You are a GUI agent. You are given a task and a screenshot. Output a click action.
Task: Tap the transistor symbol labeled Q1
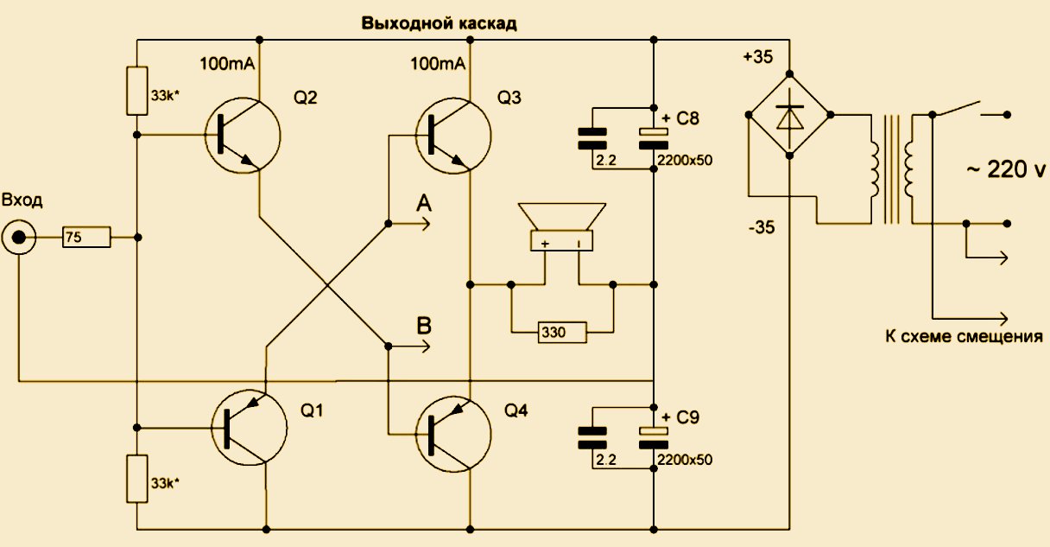tap(249, 428)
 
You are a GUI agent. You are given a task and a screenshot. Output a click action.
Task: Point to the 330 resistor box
tap(561, 331)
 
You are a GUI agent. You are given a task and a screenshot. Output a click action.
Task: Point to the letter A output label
tap(424, 204)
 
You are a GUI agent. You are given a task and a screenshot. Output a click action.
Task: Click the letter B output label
tap(424, 326)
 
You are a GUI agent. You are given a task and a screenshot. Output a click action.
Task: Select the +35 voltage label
tap(759, 58)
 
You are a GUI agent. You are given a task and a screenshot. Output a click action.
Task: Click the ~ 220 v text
tap(1004, 170)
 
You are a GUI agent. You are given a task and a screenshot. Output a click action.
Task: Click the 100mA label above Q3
tap(438, 64)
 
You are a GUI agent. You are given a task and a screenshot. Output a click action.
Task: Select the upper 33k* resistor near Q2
tap(136, 91)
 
